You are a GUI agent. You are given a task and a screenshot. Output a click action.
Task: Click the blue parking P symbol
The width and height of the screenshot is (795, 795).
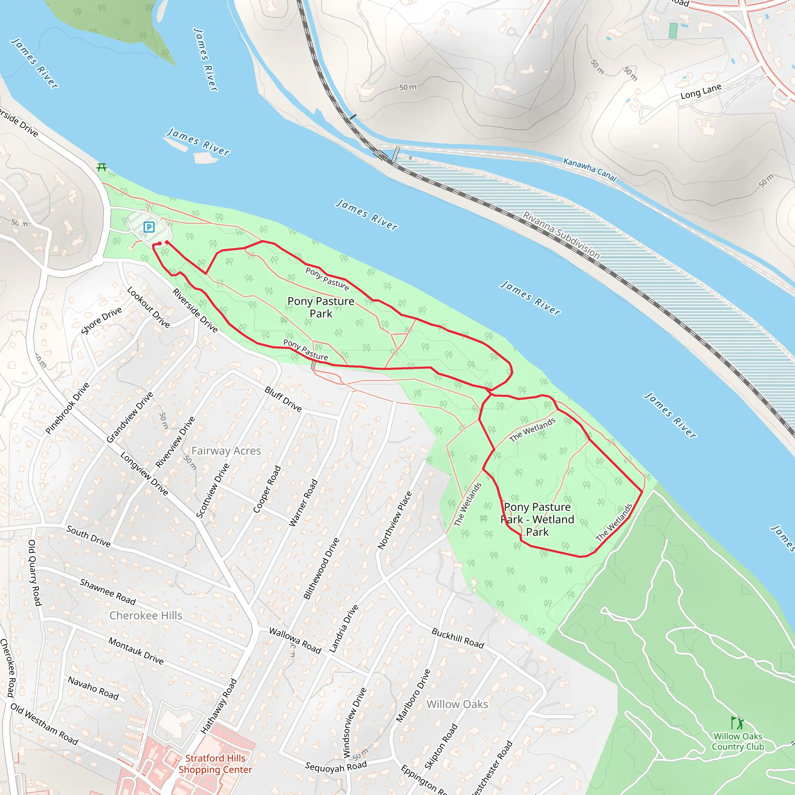coord(149,227)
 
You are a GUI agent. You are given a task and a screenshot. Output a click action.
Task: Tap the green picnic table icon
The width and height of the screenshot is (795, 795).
coord(102,167)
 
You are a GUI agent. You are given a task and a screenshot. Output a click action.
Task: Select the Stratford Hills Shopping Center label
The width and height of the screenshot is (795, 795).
coord(215,764)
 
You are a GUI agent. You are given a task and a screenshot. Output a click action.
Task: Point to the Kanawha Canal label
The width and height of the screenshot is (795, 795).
coord(590,170)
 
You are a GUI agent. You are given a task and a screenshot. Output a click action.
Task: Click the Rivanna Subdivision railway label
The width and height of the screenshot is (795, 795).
coord(561,235)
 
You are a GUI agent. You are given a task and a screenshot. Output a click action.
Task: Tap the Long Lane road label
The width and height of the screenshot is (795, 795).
coord(701,91)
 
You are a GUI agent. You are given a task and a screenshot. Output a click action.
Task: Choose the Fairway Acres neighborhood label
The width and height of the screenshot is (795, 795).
coord(226,451)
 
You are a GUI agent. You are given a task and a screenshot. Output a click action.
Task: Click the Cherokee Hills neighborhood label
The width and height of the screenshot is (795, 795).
coord(146,616)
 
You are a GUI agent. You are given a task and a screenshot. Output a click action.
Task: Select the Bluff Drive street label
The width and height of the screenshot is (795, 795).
coord(283,399)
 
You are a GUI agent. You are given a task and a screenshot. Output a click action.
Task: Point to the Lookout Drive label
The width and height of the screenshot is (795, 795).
coord(148,307)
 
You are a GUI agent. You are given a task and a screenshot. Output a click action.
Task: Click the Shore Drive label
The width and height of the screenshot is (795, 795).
coord(101,321)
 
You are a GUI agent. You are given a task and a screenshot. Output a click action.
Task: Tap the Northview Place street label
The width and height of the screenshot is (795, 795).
coord(395,520)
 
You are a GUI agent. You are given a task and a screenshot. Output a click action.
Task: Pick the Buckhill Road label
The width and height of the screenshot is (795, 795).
coord(458,638)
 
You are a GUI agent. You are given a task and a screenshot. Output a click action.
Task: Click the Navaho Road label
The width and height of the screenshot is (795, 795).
coord(93,688)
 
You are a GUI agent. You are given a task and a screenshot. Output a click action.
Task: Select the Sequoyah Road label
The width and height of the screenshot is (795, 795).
coord(336,767)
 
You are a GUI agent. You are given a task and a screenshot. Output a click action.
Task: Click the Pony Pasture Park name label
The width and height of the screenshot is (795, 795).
coord(321,307)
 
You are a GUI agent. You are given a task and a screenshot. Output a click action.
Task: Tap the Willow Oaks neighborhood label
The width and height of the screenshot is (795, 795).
coord(457,705)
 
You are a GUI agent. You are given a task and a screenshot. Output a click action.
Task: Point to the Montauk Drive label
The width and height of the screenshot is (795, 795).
coord(136,651)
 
